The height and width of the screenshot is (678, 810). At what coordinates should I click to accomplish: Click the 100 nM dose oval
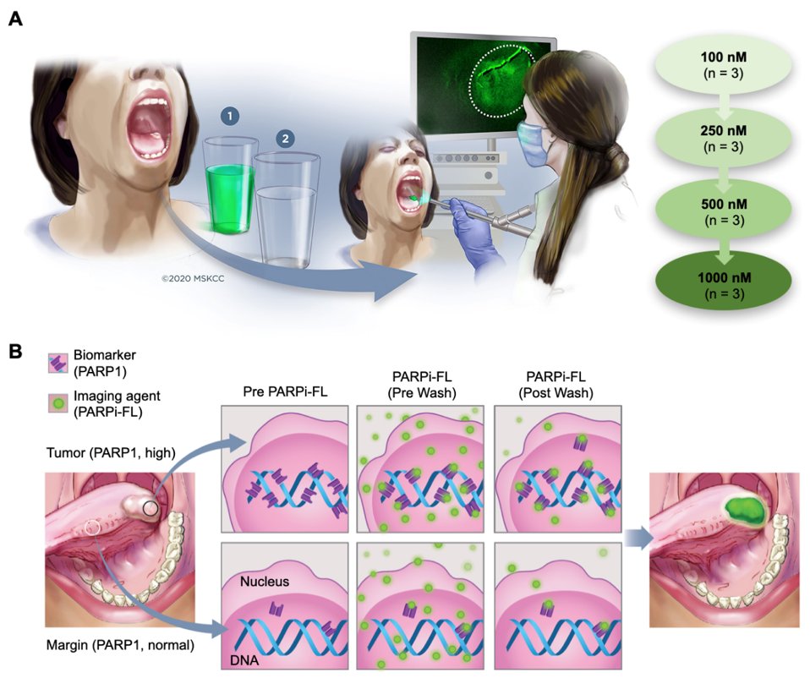723,66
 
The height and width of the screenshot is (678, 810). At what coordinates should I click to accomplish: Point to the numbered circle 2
287,138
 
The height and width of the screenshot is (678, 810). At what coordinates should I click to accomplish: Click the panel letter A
14,18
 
